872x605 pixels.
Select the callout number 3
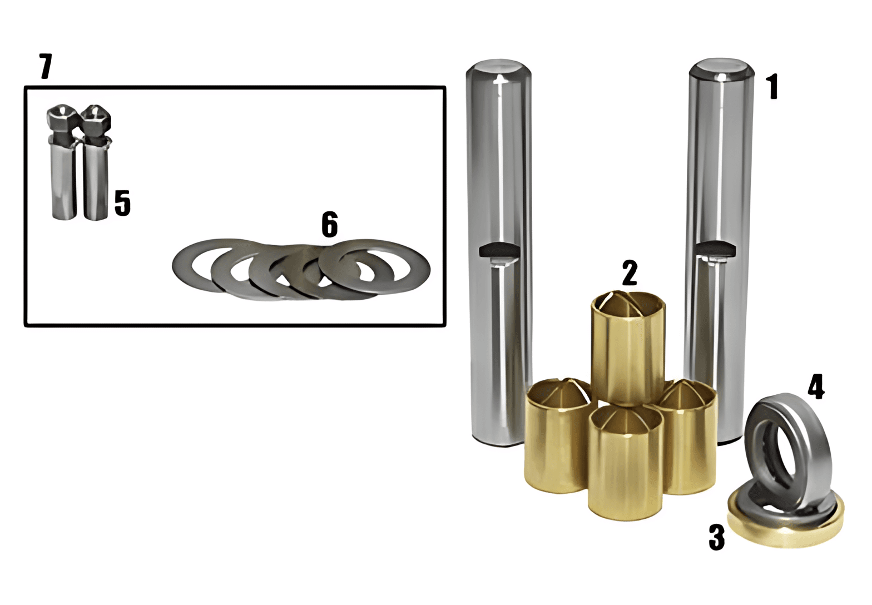coord(717,537)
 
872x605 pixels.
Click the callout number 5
coord(122,203)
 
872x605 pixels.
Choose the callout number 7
coord(45,66)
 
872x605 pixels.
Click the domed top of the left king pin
coord(499,70)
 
